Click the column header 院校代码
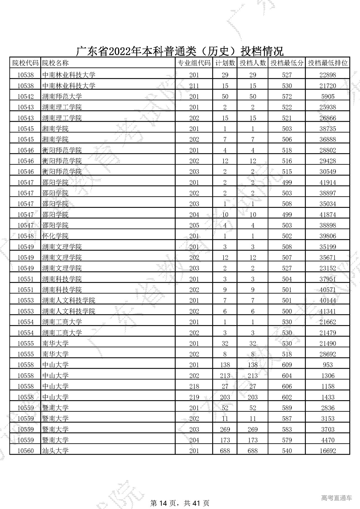point(25,63)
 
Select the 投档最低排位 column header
point(328,63)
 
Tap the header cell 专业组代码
point(194,63)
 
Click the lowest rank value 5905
point(328,96)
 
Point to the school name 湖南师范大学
point(62,96)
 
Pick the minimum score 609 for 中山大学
point(287,365)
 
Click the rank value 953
point(328,365)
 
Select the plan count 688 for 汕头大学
point(225,451)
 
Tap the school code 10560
point(25,451)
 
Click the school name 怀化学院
point(55,236)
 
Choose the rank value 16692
point(328,451)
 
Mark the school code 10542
point(25,96)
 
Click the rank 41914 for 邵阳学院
point(328,182)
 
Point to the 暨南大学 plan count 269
point(225,429)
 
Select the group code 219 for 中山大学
point(194,397)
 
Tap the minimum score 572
point(287,96)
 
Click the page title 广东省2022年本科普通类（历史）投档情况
point(180,51)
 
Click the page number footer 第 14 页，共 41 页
point(180,495)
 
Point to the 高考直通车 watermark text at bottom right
point(336,490)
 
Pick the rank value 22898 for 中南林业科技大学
point(328,75)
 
